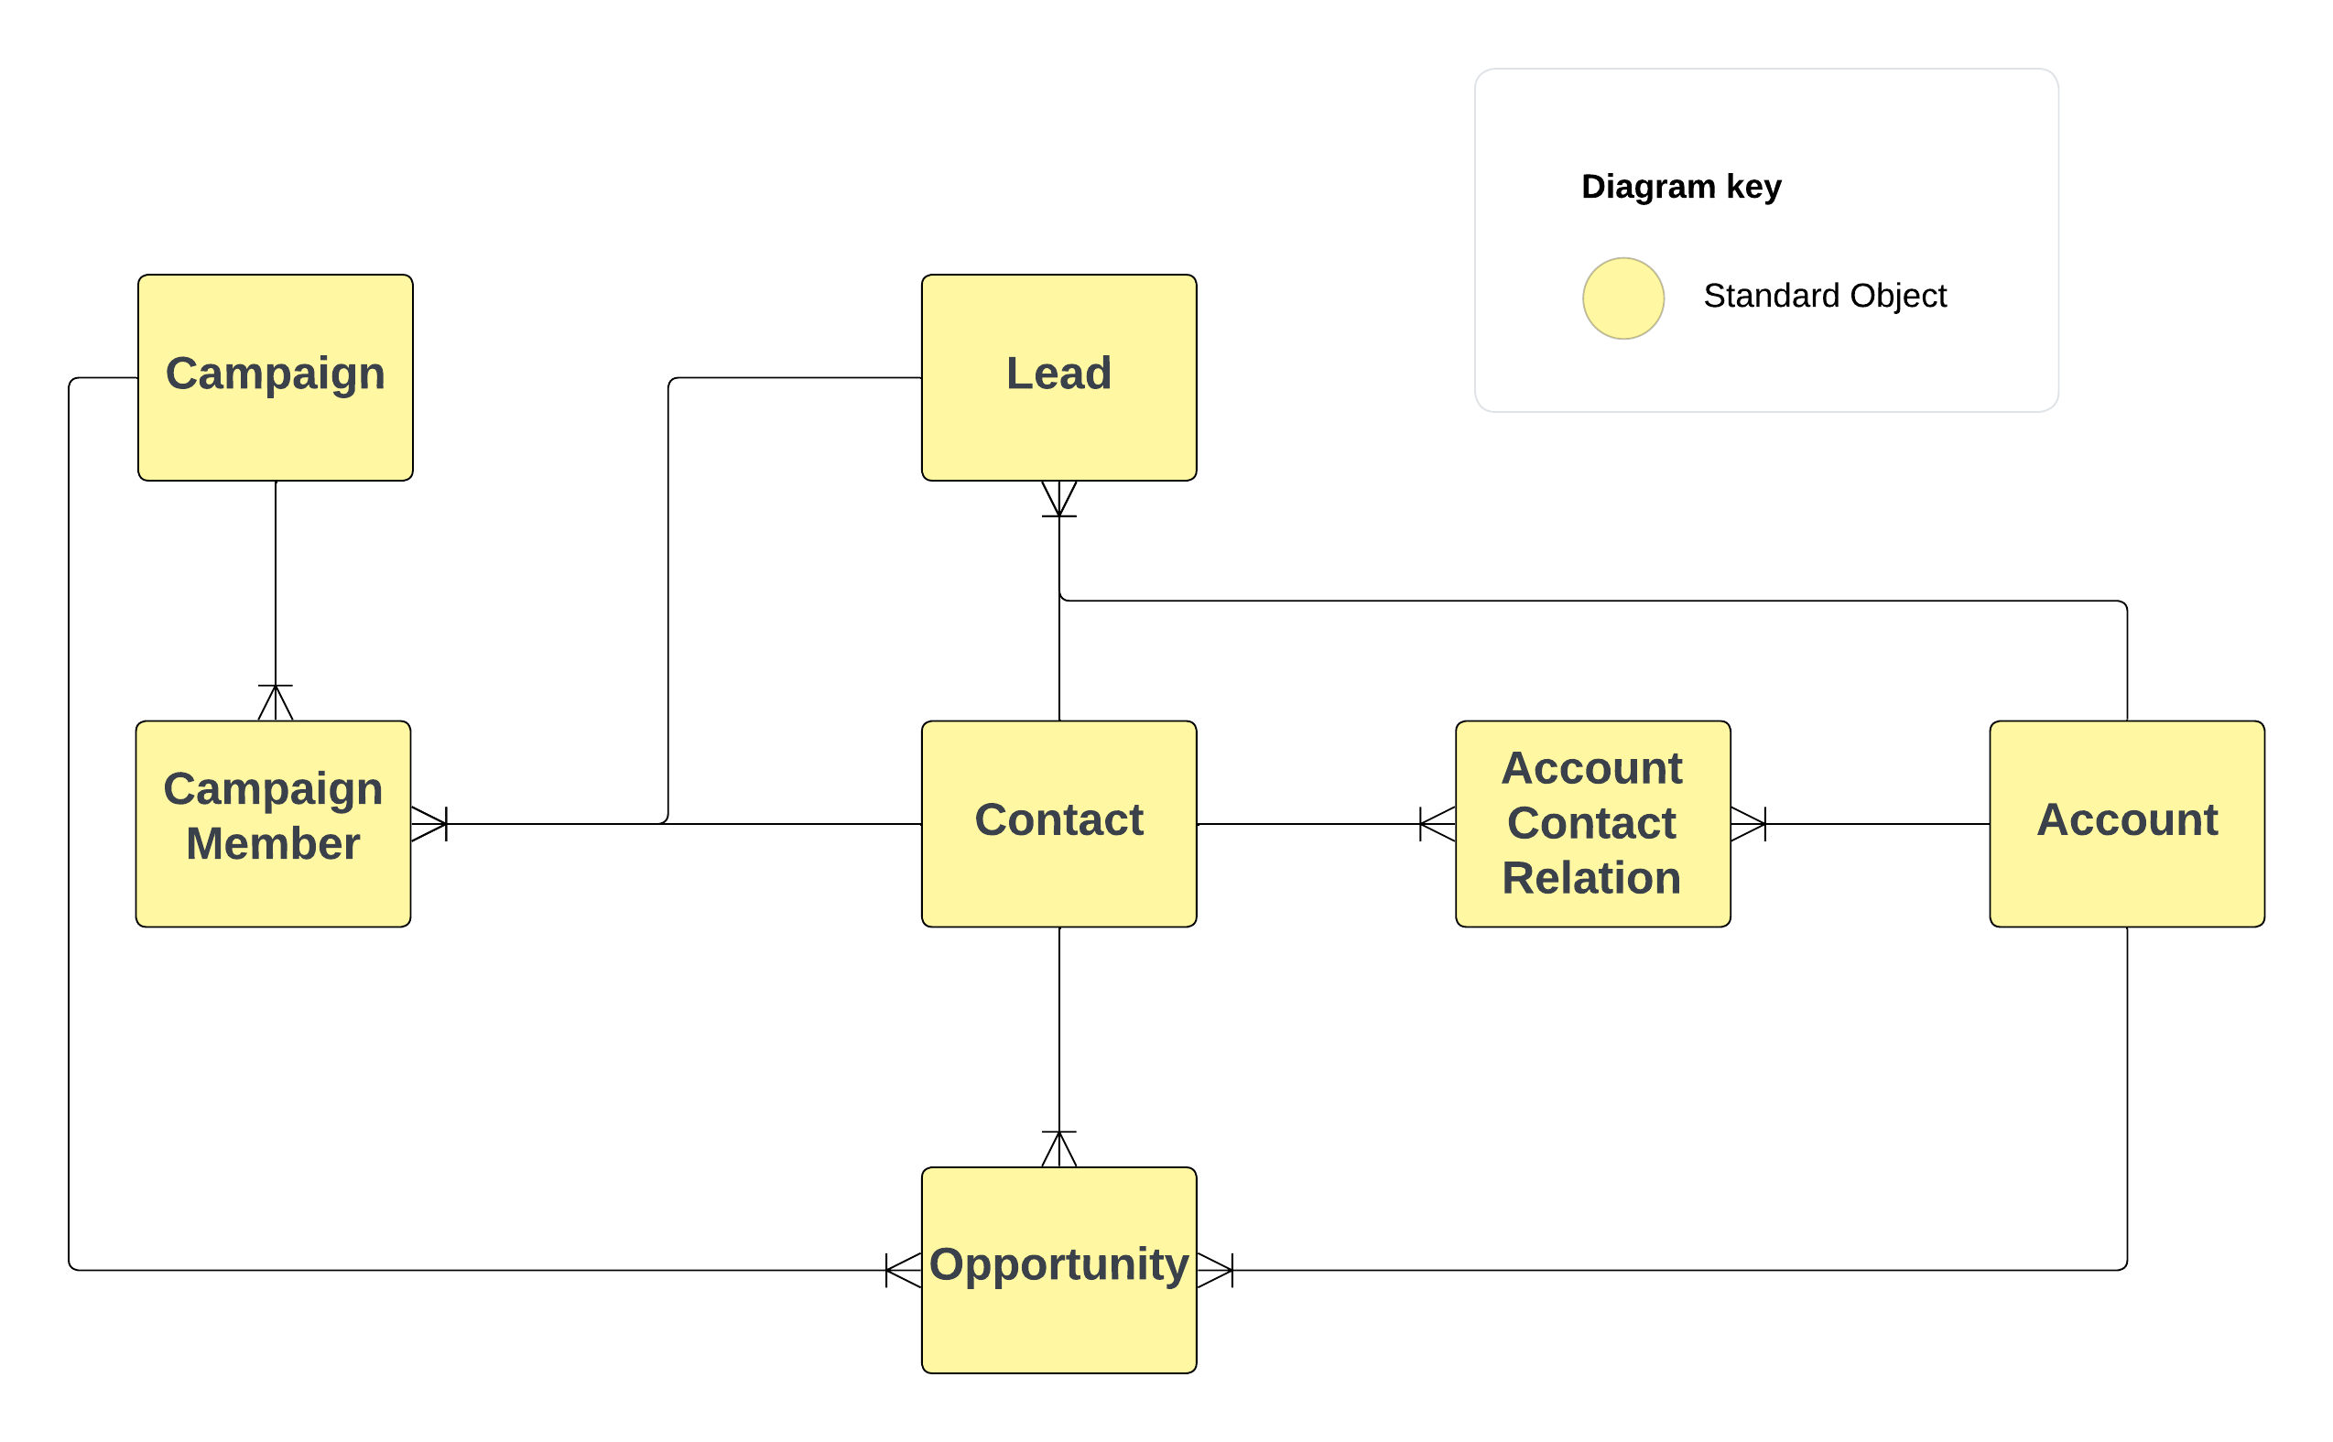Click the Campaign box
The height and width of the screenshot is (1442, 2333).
point(275,377)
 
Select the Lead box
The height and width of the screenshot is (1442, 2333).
point(1058,377)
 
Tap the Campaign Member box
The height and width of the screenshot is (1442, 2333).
point(273,824)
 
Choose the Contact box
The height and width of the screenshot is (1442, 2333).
point(1058,824)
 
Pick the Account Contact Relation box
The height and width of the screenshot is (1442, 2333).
point(1592,824)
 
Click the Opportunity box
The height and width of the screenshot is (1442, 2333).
point(1058,1271)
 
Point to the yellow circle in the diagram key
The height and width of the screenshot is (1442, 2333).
point(1622,298)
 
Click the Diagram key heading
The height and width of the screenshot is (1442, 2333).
point(1680,186)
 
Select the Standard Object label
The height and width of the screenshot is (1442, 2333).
point(1824,296)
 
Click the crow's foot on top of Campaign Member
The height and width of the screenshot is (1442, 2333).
point(275,703)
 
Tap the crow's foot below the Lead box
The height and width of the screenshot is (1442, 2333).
point(1058,499)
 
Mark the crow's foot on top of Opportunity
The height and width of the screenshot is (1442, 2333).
point(1058,1149)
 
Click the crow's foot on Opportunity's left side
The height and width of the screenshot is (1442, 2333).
point(903,1271)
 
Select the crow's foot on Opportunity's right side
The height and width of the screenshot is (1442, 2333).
point(1214,1271)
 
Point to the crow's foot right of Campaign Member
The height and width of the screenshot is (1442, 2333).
point(429,824)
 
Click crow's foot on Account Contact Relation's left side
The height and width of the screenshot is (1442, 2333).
point(1438,824)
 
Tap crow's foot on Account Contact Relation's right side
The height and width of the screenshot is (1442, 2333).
point(1747,824)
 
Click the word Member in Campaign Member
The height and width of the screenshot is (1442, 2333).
point(273,844)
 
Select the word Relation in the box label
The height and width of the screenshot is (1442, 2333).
point(1591,878)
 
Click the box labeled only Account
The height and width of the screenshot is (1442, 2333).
point(2126,824)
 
